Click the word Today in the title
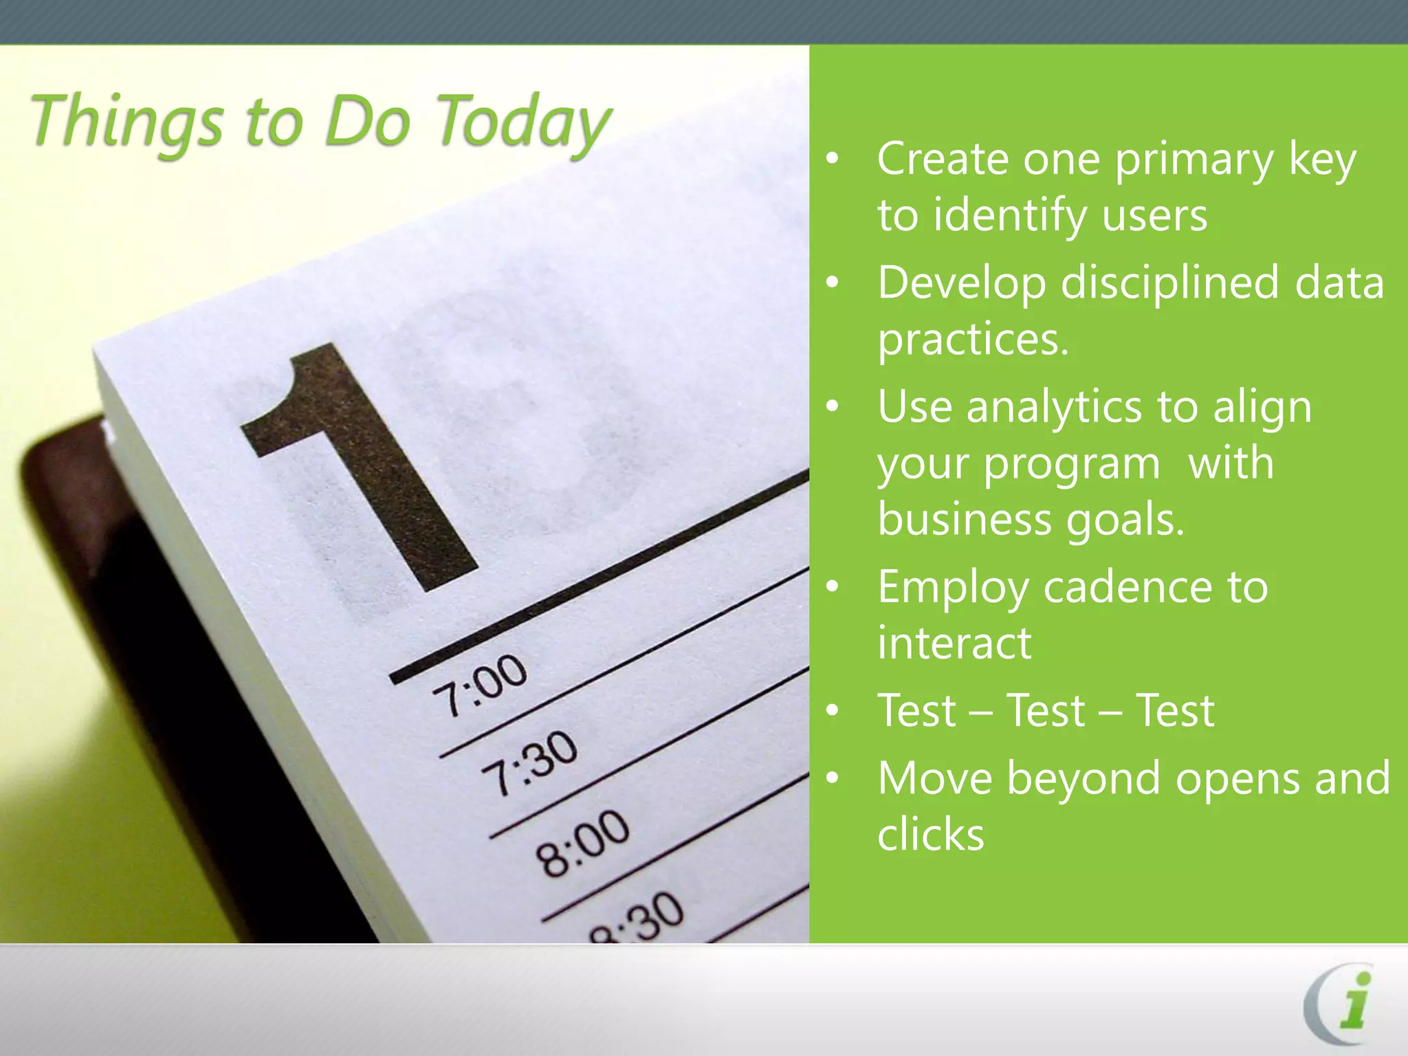pyautogui.click(x=522, y=122)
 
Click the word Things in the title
pyautogui.click(x=127, y=122)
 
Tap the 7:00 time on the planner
pyautogui.click(x=480, y=684)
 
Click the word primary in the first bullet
pyautogui.click(x=1194, y=159)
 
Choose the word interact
pyautogui.click(x=954, y=643)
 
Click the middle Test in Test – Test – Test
pyautogui.click(x=1046, y=710)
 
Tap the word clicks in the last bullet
pyautogui.click(x=931, y=835)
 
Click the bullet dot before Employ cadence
pyautogui.click(x=833, y=587)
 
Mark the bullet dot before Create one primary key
pyautogui.click(x=833, y=159)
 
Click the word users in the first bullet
pyautogui.click(x=1154, y=216)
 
